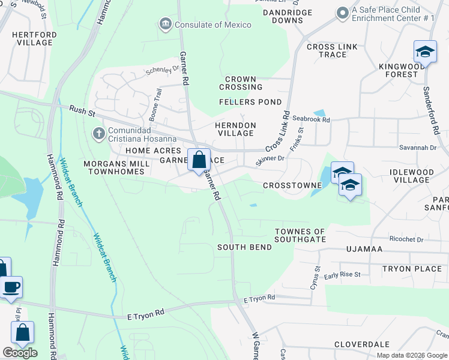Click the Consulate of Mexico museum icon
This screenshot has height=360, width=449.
click(165, 25)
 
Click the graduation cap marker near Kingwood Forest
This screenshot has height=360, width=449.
click(425, 52)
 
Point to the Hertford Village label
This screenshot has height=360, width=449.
click(34, 39)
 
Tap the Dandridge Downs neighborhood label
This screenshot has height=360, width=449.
click(288, 16)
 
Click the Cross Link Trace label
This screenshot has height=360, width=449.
click(327, 50)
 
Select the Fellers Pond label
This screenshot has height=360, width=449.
click(250, 102)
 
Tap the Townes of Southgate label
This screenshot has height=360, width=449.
click(300, 235)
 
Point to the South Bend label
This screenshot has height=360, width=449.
click(241, 247)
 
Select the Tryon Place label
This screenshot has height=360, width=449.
click(412, 269)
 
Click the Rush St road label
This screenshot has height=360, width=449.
click(79, 110)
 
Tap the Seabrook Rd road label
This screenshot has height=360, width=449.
click(310, 120)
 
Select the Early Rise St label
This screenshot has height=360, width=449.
click(342, 275)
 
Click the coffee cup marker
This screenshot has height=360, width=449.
click(11, 287)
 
